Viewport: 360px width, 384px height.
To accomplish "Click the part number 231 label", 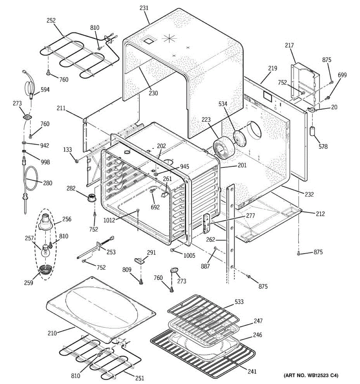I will click(x=144, y=8).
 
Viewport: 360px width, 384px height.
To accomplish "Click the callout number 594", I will click(x=45, y=90).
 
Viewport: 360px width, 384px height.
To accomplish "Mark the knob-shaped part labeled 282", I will click(x=92, y=197).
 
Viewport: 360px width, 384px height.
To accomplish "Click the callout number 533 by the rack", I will click(x=239, y=301).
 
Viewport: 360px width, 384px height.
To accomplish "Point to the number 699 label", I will click(x=342, y=75).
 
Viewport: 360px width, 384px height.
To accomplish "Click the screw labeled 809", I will click(x=140, y=281).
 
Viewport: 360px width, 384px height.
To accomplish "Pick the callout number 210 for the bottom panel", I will click(x=52, y=333).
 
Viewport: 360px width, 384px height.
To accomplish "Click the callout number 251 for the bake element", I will click(x=139, y=378).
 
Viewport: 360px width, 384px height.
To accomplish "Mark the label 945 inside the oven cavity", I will click(x=184, y=167).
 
